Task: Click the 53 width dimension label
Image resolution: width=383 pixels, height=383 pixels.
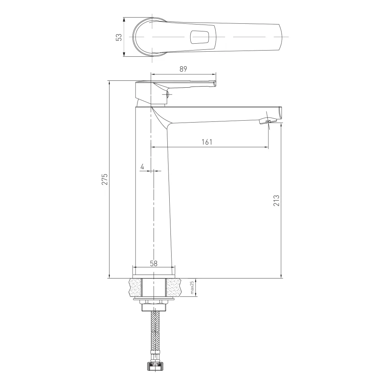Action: [x=119, y=37]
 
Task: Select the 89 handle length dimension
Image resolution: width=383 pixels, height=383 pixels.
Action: [x=183, y=69]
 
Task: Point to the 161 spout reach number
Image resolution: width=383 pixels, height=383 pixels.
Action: [x=207, y=142]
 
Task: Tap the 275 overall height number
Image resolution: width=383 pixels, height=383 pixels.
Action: [x=105, y=179]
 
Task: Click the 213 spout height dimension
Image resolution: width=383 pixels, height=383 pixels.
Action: [x=276, y=201]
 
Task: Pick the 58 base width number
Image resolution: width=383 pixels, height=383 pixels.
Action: [x=154, y=264]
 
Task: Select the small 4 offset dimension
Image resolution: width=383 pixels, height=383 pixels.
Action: [x=142, y=167]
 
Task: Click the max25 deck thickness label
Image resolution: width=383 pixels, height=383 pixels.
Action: [x=192, y=287]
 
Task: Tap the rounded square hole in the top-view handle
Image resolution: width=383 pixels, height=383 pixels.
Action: [x=200, y=38]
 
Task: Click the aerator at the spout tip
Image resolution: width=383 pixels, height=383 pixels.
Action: [x=268, y=121]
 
